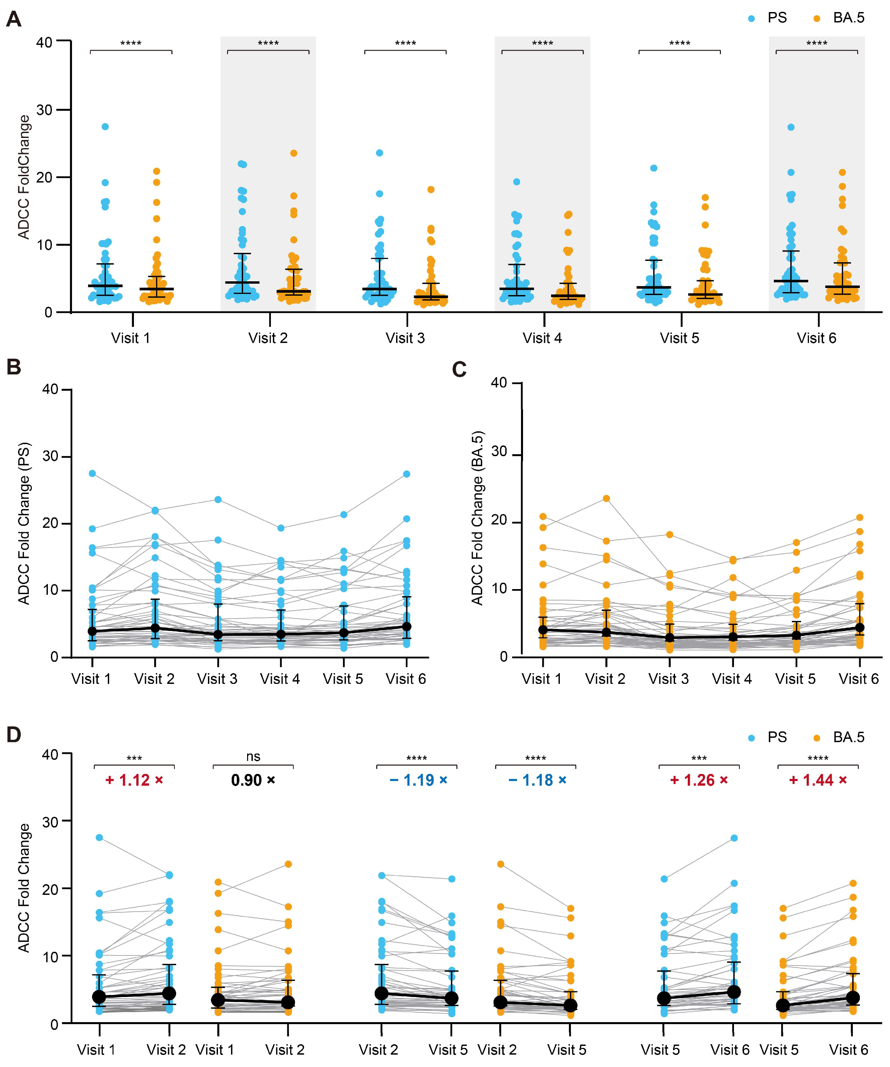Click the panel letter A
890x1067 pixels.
14,19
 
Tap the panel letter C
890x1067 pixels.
459,370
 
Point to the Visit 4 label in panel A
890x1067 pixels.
542,338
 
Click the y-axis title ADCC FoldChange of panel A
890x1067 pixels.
23,177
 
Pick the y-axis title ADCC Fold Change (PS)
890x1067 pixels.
23,523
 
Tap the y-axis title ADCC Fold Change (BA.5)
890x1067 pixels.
477,518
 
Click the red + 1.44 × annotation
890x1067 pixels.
818,780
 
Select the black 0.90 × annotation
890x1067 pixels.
253,780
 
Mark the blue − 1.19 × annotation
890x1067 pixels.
419,780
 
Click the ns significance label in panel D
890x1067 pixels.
253,757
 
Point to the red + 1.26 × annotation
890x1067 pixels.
699,780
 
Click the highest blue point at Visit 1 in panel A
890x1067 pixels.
105,127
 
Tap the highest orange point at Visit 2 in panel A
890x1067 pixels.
294,153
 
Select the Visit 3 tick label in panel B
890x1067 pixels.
217,679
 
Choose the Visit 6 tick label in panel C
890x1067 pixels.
859,679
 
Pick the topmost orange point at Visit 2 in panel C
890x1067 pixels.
606,498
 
